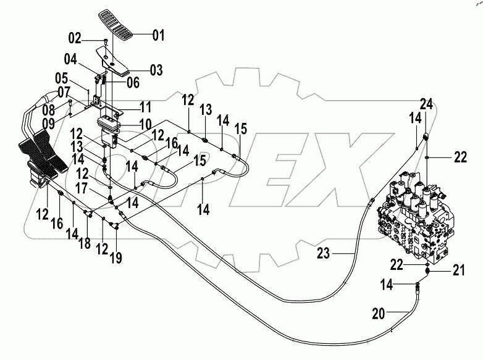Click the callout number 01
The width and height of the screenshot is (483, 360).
[159, 35]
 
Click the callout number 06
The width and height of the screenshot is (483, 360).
[132, 82]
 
